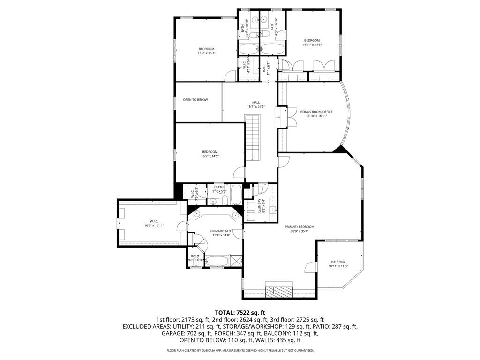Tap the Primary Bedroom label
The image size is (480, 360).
[300, 227]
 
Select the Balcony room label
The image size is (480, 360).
[338, 262]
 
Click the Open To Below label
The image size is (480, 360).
[195, 100]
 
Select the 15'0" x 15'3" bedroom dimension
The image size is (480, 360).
[206, 53]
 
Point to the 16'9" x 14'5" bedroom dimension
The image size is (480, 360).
[210, 156]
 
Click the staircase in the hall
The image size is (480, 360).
[253, 139]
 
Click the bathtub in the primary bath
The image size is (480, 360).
[217, 261]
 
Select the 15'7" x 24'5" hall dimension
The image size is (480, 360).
[256, 107]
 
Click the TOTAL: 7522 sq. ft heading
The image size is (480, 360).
[240, 312]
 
